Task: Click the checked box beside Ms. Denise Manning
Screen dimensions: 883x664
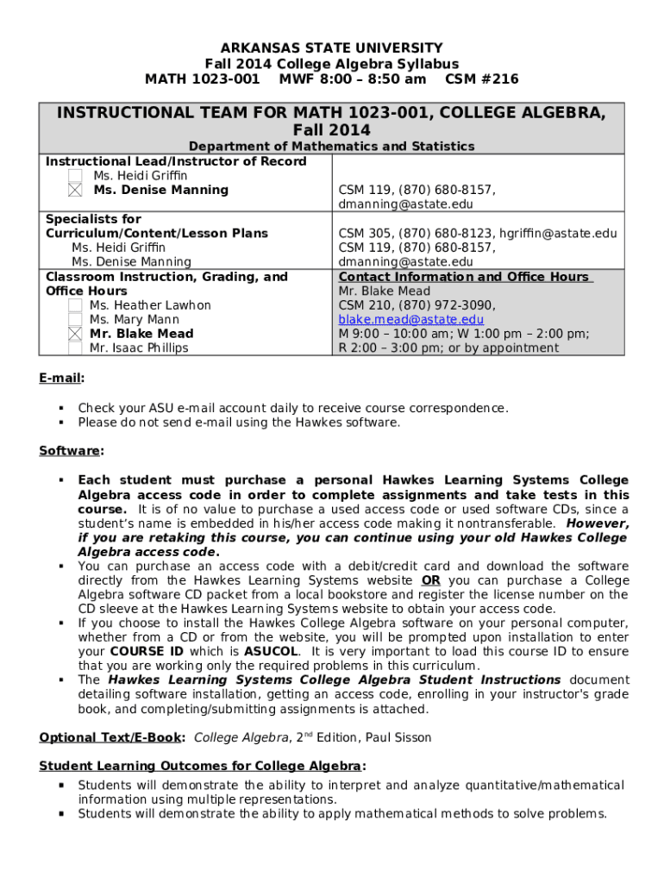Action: (x=76, y=191)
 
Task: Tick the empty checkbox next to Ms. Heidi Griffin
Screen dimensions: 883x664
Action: (x=76, y=176)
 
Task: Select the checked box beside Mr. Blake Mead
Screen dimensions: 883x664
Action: (x=76, y=335)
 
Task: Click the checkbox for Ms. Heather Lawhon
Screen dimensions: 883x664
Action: (x=76, y=305)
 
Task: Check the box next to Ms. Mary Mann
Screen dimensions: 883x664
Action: (x=76, y=320)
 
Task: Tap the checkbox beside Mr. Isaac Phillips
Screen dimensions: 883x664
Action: (x=76, y=348)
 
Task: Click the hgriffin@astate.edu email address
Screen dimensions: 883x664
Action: (x=561, y=234)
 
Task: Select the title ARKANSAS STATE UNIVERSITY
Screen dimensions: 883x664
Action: (x=331, y=48)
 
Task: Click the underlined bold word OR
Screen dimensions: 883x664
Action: (x=430, y=580)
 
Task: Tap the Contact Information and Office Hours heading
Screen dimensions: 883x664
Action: (x=465, y=277)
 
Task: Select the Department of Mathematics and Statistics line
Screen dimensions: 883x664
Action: (x=331, y=147)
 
